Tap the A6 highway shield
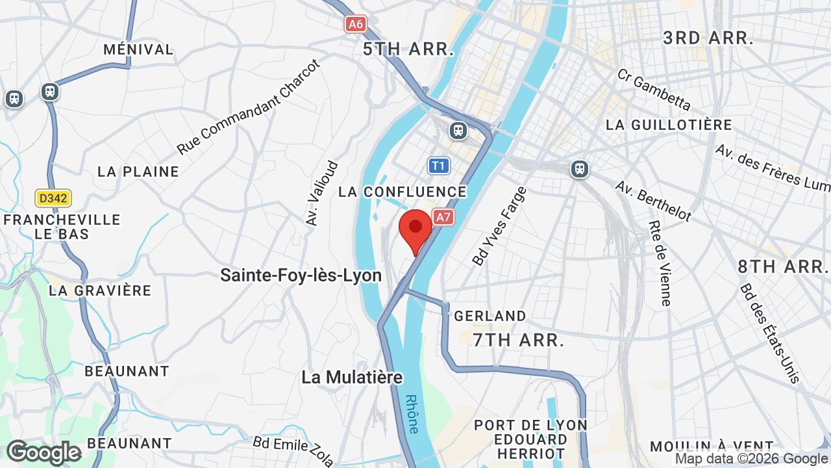tap(355, 25)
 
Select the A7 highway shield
tap(443, 217)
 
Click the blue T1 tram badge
tap(439, 166)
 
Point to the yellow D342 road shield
tap(53, 198)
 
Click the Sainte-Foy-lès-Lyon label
tap(301, 275)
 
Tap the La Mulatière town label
tap(352, 377)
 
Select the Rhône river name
tap(412, 414)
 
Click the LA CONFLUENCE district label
tap(403, 192)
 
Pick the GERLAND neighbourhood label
tap(490, 316)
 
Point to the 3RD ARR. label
tap(708, 38)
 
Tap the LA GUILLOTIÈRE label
tap(669, 125)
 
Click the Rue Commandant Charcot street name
tap(249, 107)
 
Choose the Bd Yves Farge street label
tap(500, 226)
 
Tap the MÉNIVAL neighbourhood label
tap(138, 49)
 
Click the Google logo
tap(43, 452)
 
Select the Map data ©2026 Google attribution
tap(752, 459)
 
